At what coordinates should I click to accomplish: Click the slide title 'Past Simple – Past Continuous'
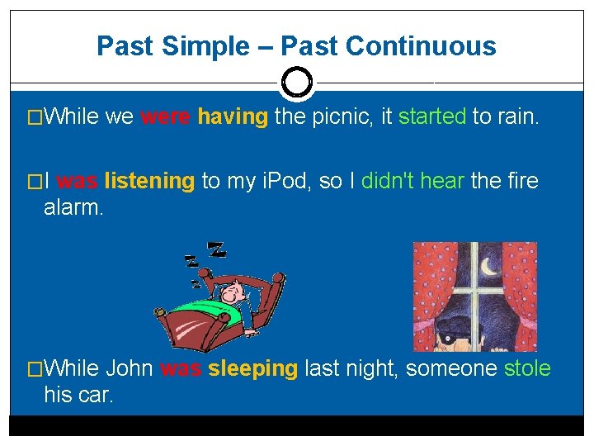pos(296,45)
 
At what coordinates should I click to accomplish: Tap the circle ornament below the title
pos(296,83)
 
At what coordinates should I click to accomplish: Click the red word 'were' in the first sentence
pos(166,117)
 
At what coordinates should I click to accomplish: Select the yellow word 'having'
pos(233,117)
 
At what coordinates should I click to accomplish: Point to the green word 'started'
pos(431,117)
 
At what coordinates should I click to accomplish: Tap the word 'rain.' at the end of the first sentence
pos(516,117)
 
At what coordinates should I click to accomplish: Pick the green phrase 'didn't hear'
pos(412,181)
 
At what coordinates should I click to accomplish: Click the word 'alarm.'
pos(73,207)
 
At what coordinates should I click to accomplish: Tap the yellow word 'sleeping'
pos(252,368)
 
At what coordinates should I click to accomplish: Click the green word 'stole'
pos(526,368)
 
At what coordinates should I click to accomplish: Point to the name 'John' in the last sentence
pos(130,368)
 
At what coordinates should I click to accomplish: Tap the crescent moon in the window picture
pos(489,266)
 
